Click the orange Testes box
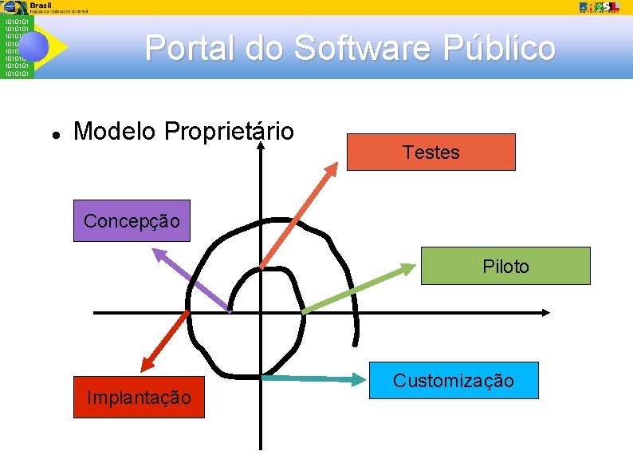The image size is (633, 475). coord(431,152)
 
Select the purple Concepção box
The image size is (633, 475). coord(132,220)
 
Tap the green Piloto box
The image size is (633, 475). coord(505,266)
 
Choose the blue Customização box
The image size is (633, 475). coord(454,380)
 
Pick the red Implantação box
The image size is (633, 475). coord(139,397)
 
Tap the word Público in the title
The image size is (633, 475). coord(498,48)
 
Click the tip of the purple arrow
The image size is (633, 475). coord(155,250)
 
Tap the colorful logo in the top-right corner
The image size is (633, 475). coord(600,6)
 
